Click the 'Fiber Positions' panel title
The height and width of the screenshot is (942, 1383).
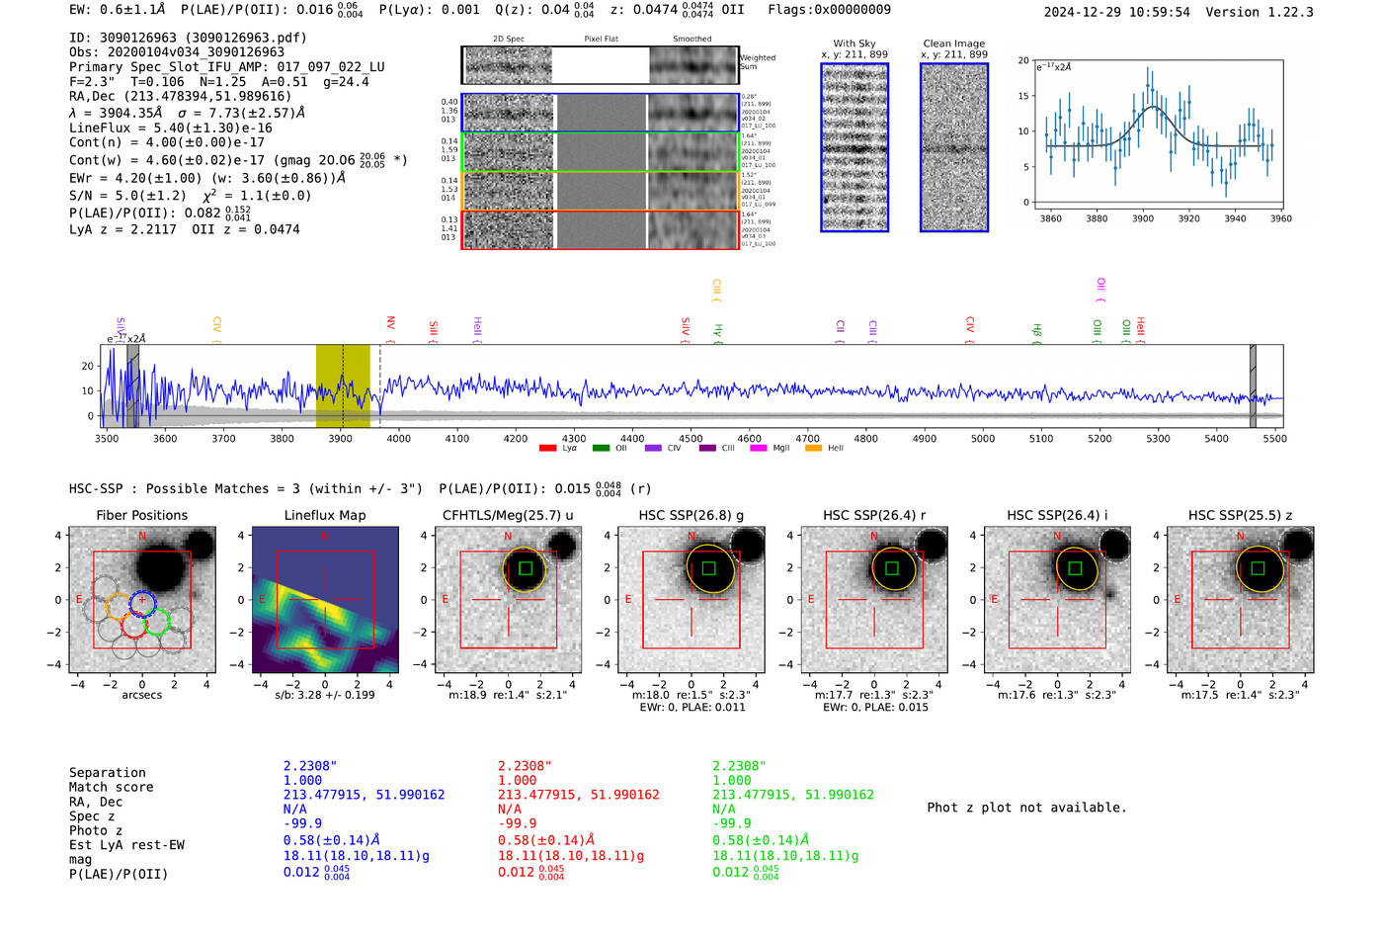click(141, 515)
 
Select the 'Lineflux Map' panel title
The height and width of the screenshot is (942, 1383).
click(325, 515)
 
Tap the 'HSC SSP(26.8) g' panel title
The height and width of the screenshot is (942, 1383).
click(691, 515)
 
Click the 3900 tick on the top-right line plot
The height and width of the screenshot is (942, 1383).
click(1143, 218)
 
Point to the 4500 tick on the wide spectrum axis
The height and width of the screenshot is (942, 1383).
click(691, 438)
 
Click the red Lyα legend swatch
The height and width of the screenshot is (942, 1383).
click(547, 448)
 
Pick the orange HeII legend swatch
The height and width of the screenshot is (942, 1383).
click(813, 448)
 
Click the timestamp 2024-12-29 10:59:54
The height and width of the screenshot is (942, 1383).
click(1116, 12)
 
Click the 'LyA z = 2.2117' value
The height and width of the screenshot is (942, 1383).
click(122, 229)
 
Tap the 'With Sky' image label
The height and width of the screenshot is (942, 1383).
click(854, 43)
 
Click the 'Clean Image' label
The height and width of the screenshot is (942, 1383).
click(953, 43)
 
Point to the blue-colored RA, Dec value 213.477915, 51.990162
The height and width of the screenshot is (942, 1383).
click(364, 795)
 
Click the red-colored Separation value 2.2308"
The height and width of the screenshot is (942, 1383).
click(524, 766)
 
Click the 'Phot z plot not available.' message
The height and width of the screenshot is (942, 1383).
click(1026, 808)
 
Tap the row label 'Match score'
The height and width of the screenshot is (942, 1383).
click(111, 787)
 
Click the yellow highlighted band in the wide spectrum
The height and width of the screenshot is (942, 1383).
click(342, 385)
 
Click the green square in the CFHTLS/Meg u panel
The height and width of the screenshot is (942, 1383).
click(526, 568)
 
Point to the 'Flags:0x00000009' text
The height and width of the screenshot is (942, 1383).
click(829, 10)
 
